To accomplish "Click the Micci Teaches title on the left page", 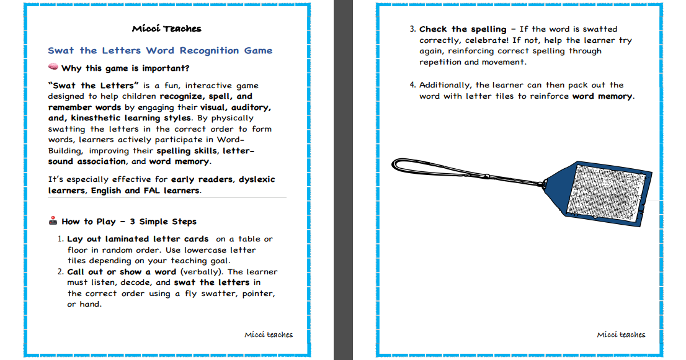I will (x=167, y=29).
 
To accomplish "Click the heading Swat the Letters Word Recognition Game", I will (x=160, y=50).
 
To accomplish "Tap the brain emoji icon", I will (x=53, y=68).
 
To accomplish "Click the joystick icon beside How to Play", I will (x=53, y=221).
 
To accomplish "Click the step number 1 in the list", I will (x=60, y=239).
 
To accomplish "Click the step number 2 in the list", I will (x=60, y=271).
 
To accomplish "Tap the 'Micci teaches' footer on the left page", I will (x=269, y=335).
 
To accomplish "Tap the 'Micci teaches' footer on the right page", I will (x=621, y=335).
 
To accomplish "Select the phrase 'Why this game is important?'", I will (x=125, y=68).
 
